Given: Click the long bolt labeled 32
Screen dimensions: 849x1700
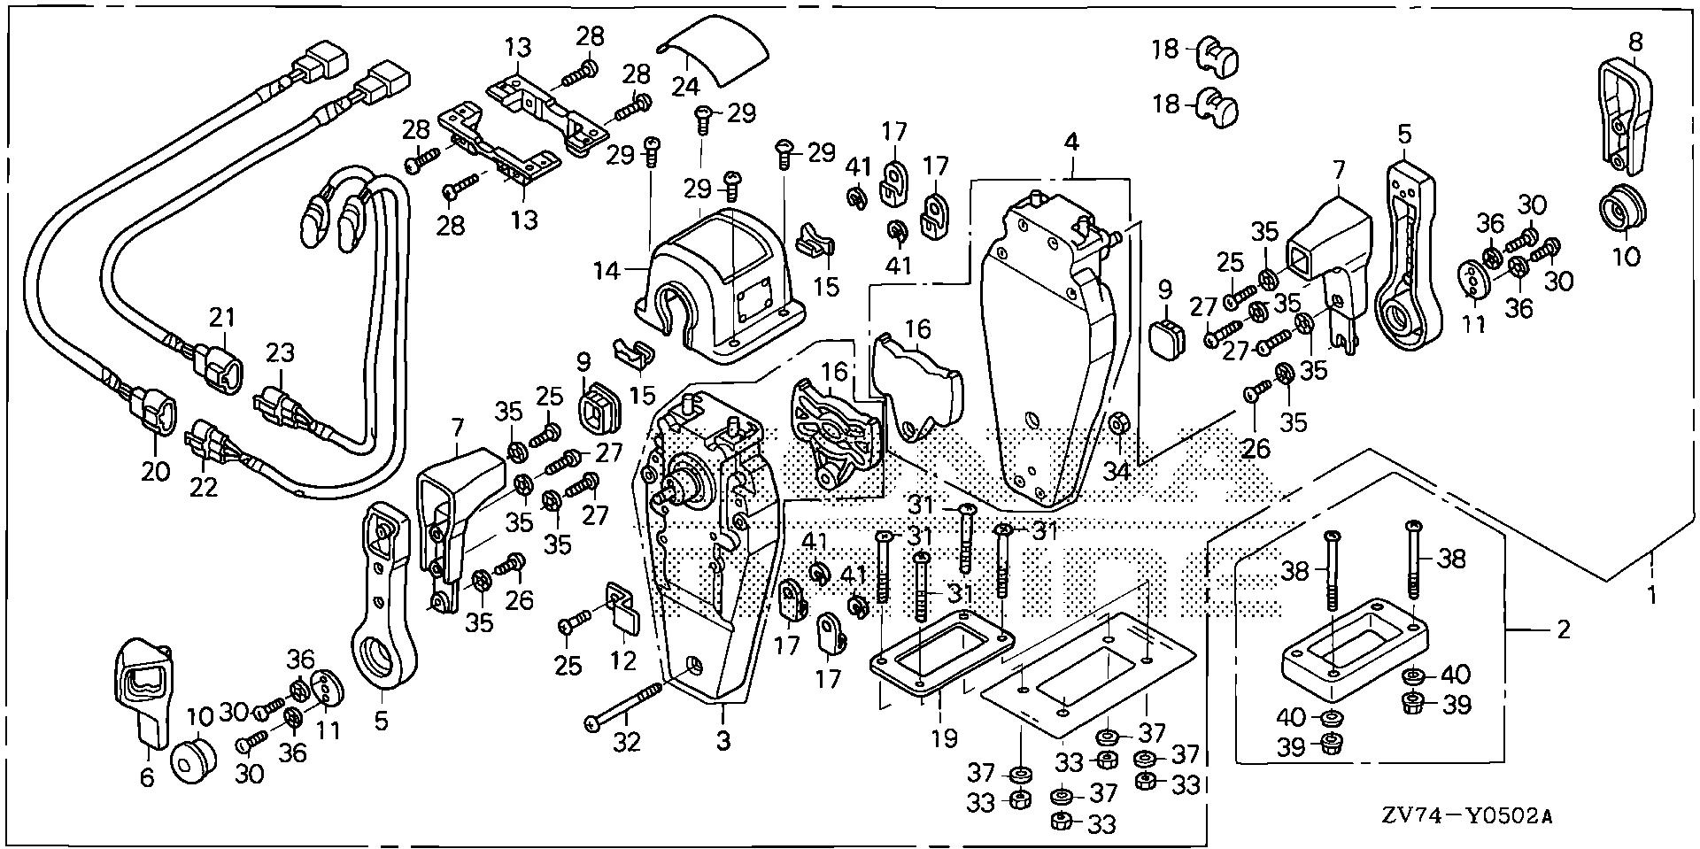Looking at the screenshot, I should click(623, 706).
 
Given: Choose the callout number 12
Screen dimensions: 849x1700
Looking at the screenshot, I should click(624, 660).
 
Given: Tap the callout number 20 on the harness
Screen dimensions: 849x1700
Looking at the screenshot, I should click(155, 471).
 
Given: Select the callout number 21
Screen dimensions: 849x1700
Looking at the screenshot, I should click(223, 316).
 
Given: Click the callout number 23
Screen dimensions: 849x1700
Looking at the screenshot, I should click(281, 354).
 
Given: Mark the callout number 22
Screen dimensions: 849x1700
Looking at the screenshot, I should click(205, 486).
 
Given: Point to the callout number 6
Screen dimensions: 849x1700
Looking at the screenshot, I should click(147, 776).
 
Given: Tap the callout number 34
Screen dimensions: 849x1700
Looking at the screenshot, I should click(1117, 471).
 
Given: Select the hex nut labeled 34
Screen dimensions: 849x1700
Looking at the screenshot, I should click(1117, 426).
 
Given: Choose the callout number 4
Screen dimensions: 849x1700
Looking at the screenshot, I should click(1071, 142).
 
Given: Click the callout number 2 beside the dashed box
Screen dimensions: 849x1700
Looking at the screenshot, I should click(1564, 629).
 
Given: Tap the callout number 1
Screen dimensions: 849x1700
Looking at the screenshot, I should click(1650, 596).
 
